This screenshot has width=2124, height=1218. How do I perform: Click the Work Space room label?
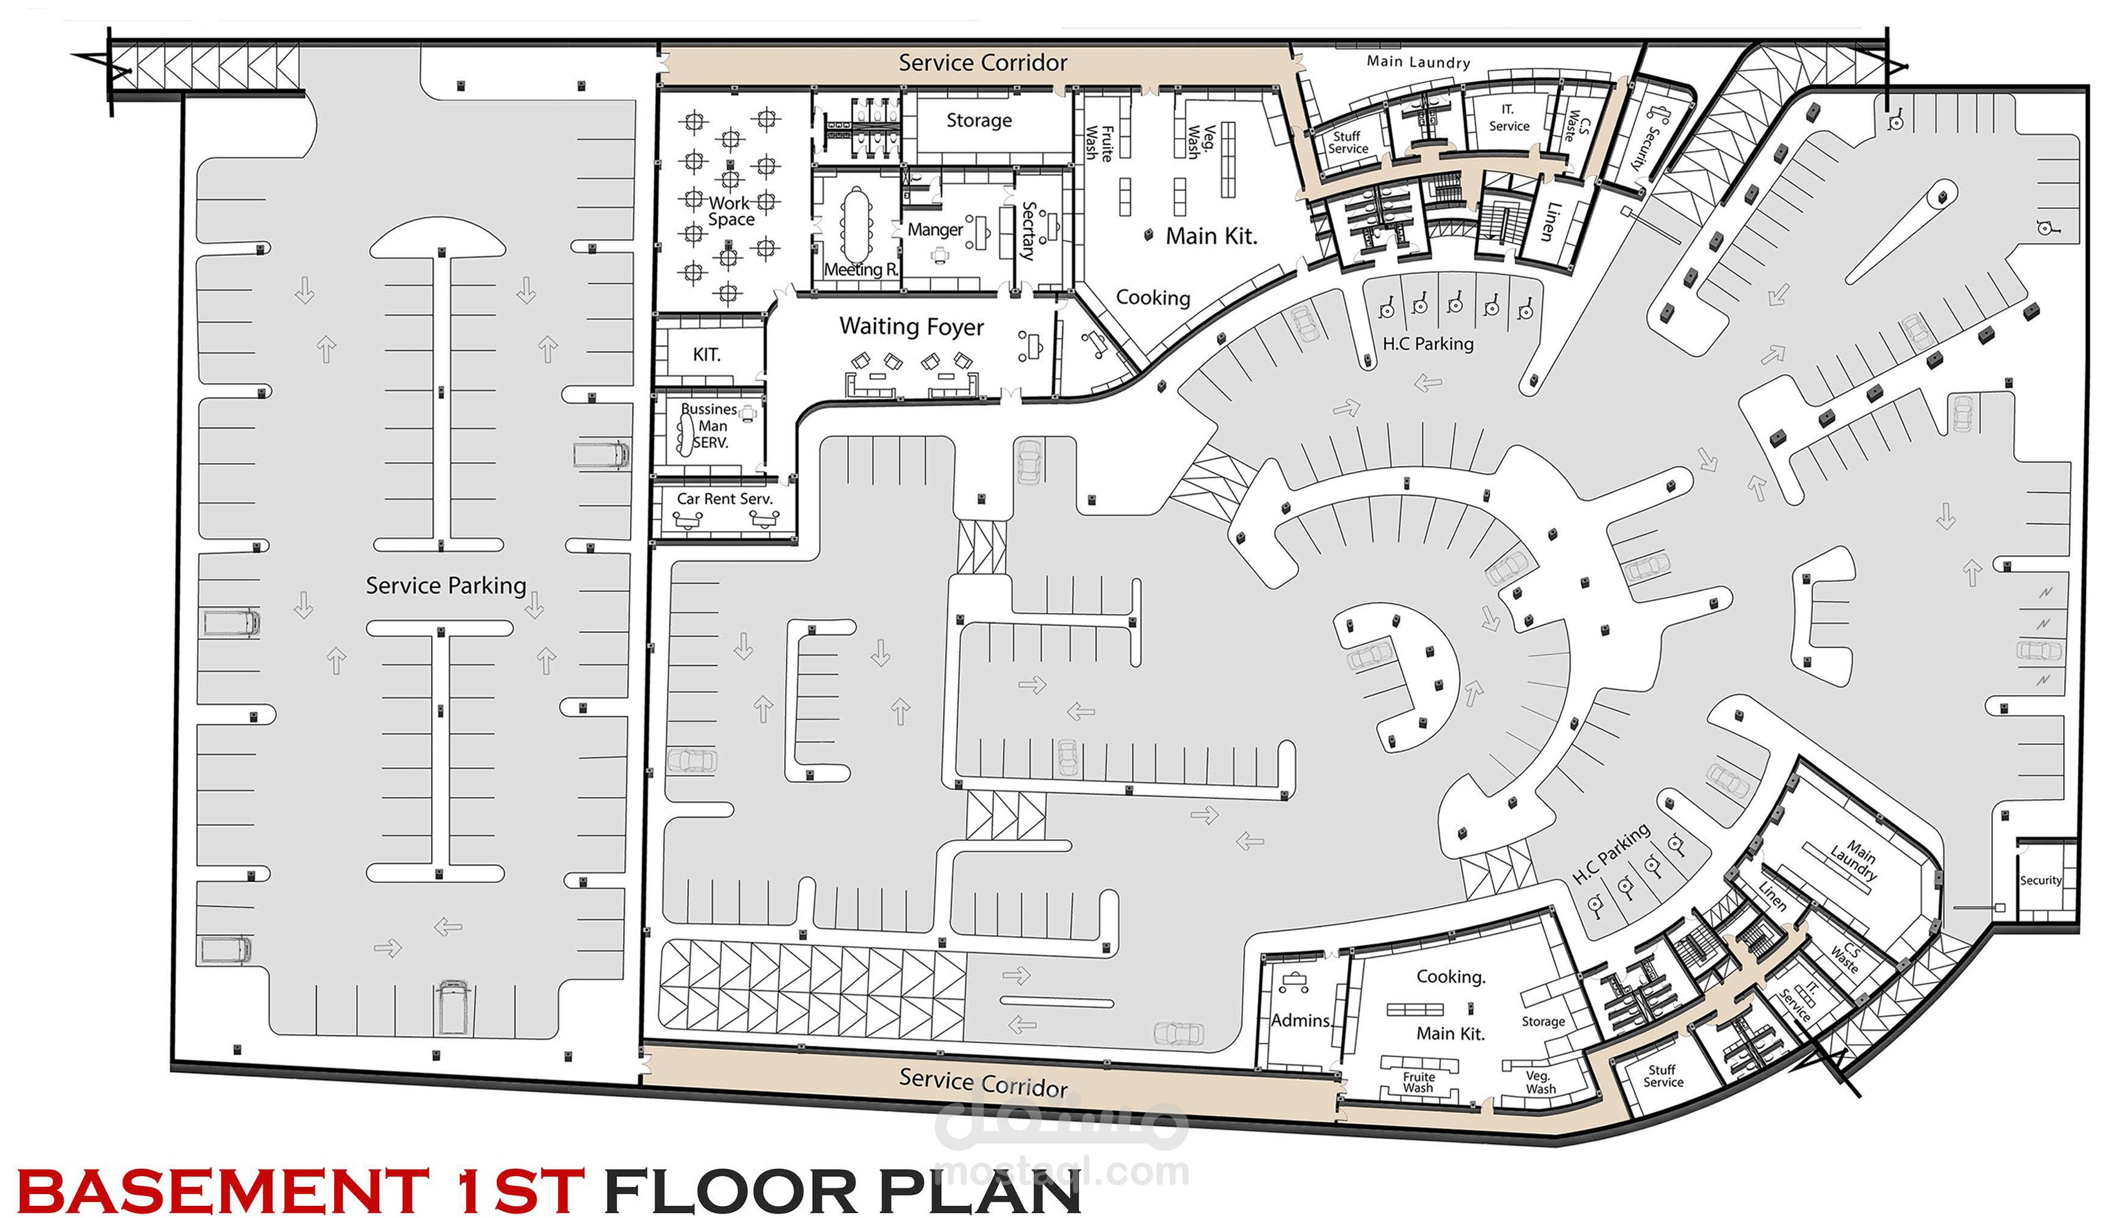click(730, 211)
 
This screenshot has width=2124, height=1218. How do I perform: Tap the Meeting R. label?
click(861, 270)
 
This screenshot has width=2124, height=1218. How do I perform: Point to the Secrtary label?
click(1028, 231)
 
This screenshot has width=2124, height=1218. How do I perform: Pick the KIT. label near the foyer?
click(706, 355)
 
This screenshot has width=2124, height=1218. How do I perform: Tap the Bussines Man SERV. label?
click(710, 426)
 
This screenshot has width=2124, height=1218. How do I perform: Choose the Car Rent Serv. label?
click(724, 498)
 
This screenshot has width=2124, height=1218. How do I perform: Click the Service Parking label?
click(446, 585)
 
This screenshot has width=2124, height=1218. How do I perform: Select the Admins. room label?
click(1302, 1021)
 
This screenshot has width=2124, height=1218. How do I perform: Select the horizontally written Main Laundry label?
click(1418, 62)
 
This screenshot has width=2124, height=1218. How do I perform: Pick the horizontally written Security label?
click(2040, 880)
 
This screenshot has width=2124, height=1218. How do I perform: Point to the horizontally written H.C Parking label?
click(1428, 344)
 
